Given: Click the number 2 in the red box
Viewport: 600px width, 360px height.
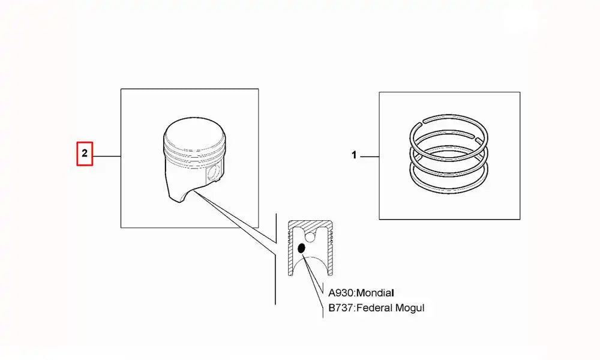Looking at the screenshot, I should [85, 154].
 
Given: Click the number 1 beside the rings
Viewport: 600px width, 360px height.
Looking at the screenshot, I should [354, 155].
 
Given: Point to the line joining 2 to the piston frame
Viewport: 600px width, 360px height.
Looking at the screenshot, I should [107, 156].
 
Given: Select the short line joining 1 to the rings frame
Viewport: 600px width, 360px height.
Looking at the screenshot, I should [369, 156].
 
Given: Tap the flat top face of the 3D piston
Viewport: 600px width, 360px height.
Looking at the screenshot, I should [194, 133].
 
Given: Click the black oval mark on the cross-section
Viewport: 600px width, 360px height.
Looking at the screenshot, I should [302, 248].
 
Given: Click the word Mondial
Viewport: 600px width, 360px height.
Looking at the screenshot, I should [376, 293].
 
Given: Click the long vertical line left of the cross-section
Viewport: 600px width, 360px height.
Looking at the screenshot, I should [275, 264].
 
